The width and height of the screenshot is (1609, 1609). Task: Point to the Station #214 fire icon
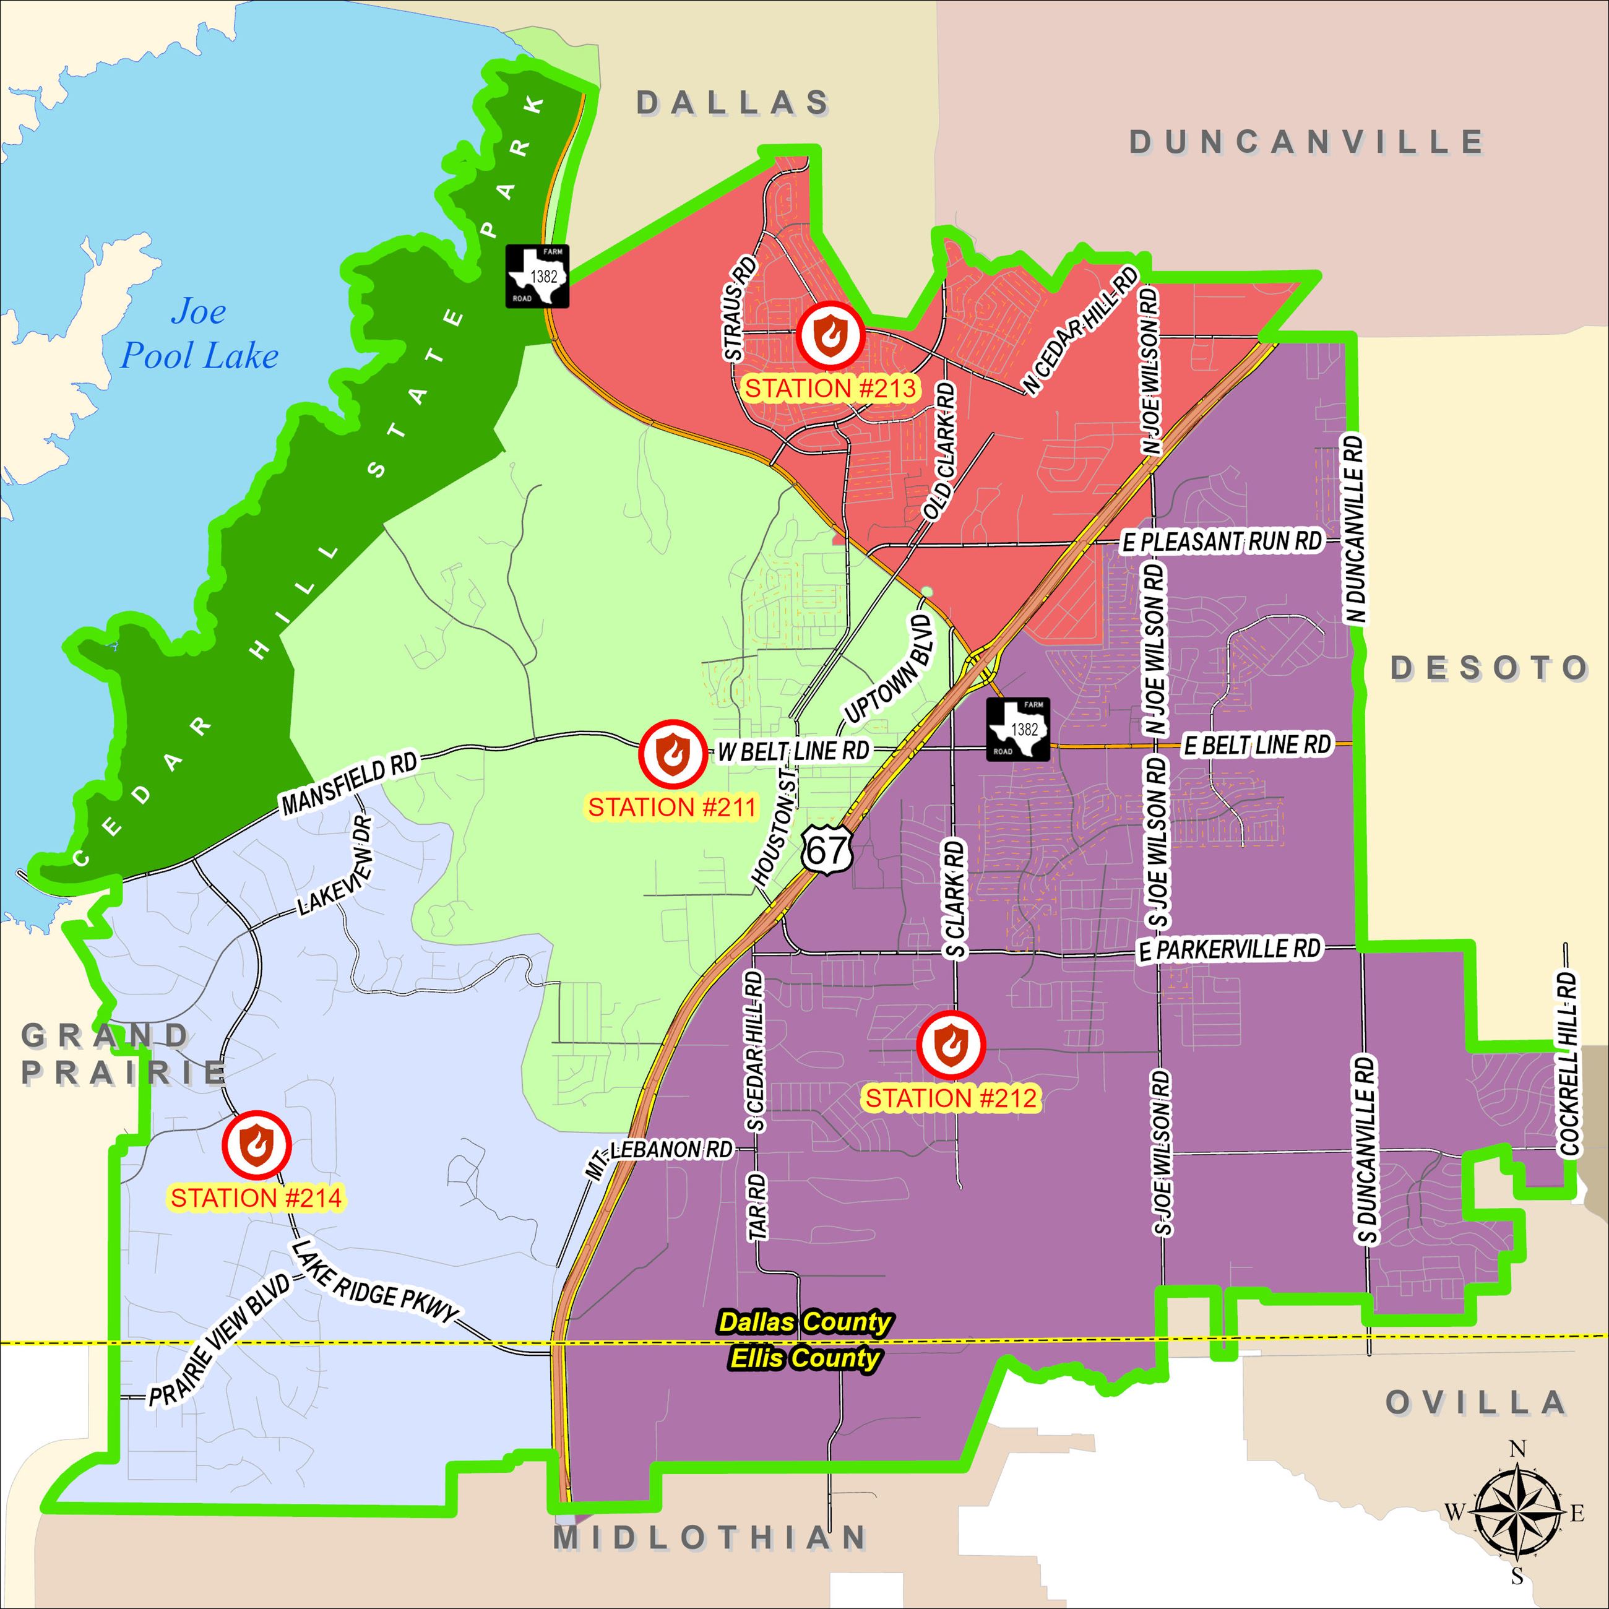click(x=255, y=1142)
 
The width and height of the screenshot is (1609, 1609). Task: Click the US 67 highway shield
click(x=829, y=850)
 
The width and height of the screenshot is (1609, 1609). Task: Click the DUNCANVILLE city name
click(x=1306, y=142)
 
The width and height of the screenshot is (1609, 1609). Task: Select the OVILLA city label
click(x=1476, y=1402)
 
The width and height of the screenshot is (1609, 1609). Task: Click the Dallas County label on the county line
click(x=804, y=1322)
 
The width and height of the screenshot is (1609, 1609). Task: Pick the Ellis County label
click(x=804, y=1358)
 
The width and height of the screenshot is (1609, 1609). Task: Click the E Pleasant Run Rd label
click(x=1222, y=542)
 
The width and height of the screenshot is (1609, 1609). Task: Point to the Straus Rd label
click(x=740, y=308)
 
